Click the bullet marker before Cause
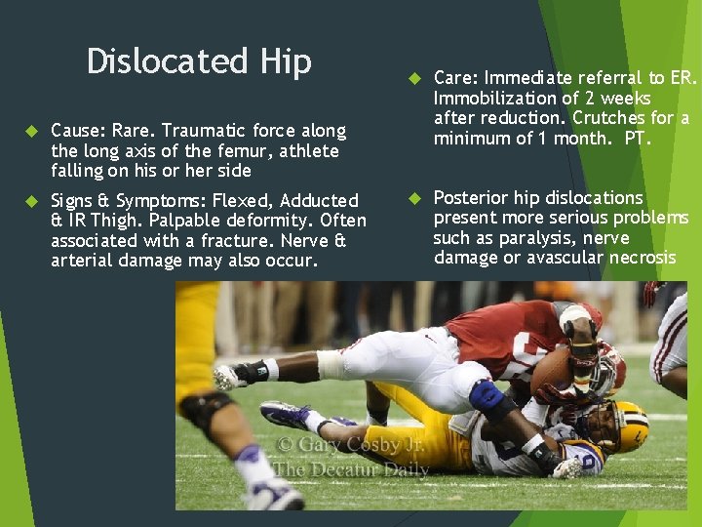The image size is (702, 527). tap(30, 131)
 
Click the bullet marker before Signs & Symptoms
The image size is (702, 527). tap(30, 201)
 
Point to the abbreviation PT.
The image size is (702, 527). tap(637, 139)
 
